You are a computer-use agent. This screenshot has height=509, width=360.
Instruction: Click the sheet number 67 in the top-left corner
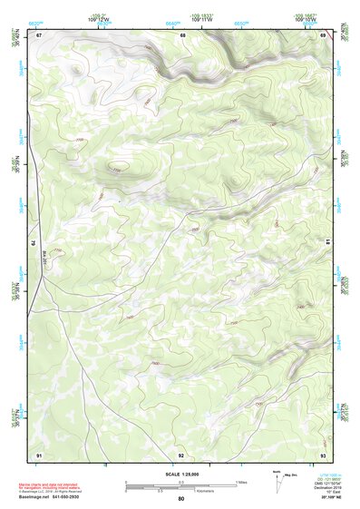[40, 35]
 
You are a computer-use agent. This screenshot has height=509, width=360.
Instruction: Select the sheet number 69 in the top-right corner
[323, 35]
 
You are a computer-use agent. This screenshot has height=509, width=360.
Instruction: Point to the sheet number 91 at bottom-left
[40, 454]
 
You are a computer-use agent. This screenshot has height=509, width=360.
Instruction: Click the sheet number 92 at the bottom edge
[181, 454]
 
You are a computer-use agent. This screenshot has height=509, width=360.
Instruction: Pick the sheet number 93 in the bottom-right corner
[323, 454]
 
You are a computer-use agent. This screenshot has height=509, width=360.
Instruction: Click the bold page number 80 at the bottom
[181, 499]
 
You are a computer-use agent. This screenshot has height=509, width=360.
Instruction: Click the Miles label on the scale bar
[242, 482]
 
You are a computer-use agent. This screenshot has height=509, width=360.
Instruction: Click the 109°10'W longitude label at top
[306, 18]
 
